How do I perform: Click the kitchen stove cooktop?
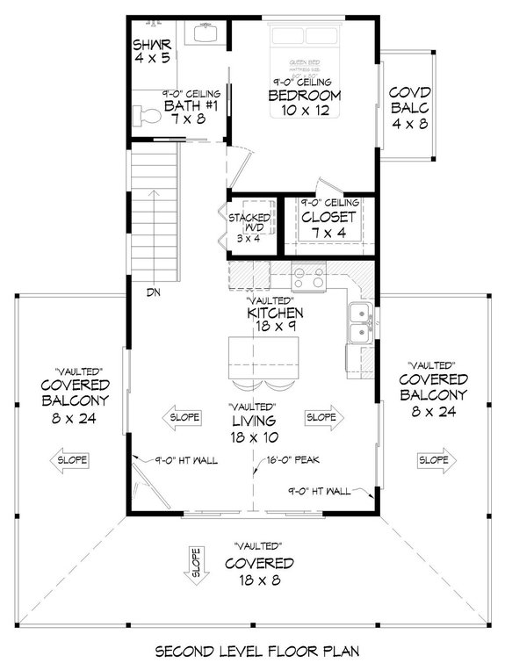(309, 277)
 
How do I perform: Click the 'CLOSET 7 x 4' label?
(328, 223)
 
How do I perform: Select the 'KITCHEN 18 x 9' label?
(275, 319)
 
